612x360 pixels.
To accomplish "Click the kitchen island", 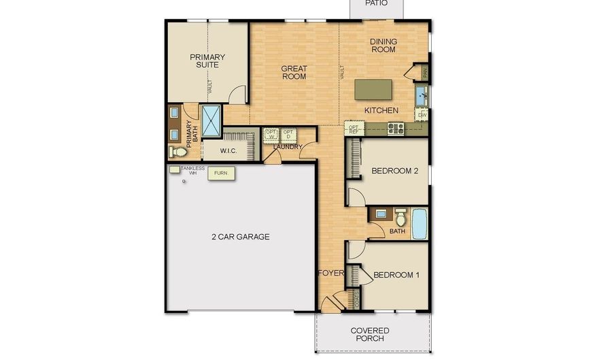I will click(x=373, y=90).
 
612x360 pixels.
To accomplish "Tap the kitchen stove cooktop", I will click(x=396, y=127).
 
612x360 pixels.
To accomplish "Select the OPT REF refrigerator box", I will click(x=354, y=127).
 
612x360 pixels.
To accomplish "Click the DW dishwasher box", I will click(x=422, y=115).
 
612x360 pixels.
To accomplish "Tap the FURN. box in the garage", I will click(x=221, y=174).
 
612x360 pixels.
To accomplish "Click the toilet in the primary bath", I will click(x=174, y=151).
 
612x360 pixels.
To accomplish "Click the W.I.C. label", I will click(x=228, y=150).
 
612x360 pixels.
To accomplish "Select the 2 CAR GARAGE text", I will click(x=240, y=237).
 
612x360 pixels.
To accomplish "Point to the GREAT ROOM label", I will click(x=294, y=72).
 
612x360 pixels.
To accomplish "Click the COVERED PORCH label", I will click(x=371, y=334).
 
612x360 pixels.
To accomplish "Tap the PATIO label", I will click(x=376, y=3).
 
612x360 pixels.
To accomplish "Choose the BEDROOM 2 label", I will click(x=394, y=171).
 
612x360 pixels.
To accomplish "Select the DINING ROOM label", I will click(x=384, y=46).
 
